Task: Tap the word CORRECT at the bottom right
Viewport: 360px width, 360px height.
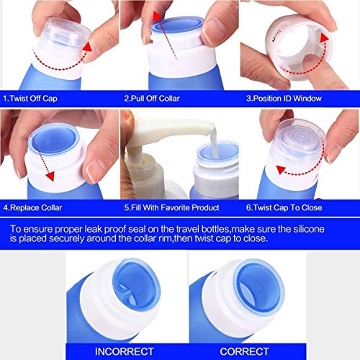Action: [x=245, y=351]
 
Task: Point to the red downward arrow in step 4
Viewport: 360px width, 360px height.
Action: [x=50, y=155]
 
